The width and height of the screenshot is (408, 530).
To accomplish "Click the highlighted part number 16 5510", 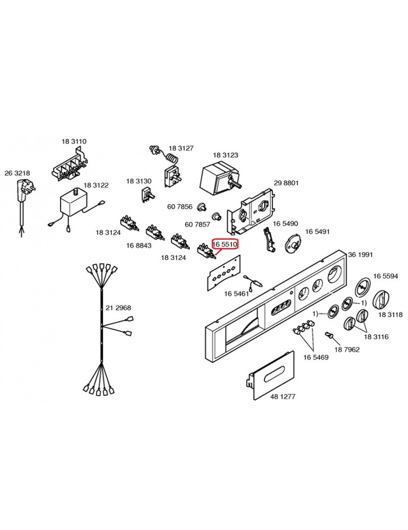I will pyautogui.click(x=225, y=244).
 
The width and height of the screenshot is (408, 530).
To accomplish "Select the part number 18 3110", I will pyautogui.click(x=74, y=141).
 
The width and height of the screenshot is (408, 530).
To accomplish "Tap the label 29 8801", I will pyautogui.click(x=286, y=182).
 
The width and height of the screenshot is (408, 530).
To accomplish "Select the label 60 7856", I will pyautogui.click(x=180, y=206).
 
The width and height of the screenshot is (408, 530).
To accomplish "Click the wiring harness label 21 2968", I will pyautogui.click(x=118, y=308).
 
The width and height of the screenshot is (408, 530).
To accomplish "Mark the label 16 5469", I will pyautogui.click(x=316, y=357).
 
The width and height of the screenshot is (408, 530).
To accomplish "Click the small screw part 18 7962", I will pyautogui.click(x=330, y=336).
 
